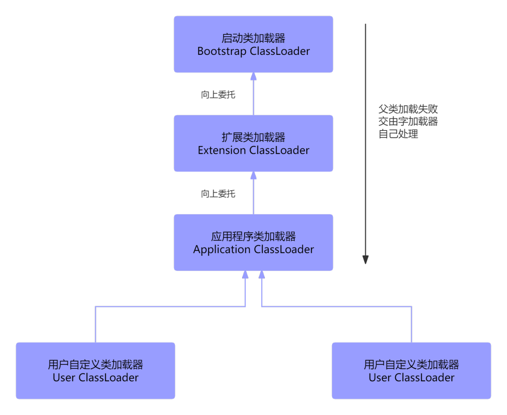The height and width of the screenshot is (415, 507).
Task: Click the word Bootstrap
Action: point(222,52)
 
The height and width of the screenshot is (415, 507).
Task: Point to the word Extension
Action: point(222,150)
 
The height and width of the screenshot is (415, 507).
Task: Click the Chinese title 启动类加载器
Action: point(253,38)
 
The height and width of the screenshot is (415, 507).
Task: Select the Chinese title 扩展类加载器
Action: point(253,137)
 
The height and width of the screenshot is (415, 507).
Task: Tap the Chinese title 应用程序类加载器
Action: point(253,236)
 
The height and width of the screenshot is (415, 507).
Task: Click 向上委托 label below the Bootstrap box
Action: point(218,95)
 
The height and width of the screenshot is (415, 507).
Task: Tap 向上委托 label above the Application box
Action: point(218,194)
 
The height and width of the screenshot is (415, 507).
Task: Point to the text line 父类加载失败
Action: point(408,109)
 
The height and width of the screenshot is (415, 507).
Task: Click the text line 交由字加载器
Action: point(408,122)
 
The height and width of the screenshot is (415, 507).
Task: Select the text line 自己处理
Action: point(398,134)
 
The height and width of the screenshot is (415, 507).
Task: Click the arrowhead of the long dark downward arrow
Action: point(366,260)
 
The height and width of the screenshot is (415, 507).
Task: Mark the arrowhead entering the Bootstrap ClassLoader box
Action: point(253,76)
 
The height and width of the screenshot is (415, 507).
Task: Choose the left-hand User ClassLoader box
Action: point(95,371)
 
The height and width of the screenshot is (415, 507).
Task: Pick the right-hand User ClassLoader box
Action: point(412,371)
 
